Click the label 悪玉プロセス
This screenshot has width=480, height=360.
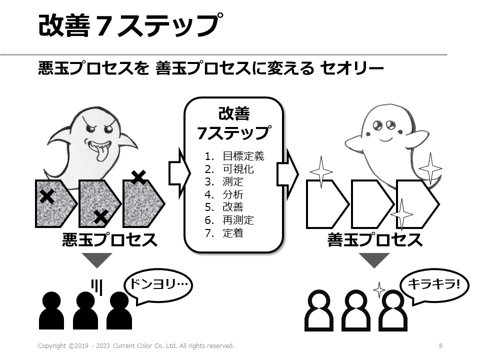coord(109,240)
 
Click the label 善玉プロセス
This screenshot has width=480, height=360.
coord(374,240)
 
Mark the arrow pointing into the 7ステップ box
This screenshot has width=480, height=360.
coord(177,173)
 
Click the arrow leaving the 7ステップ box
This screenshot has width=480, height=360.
coord(287,173)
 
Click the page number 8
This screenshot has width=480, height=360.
coord(440,345)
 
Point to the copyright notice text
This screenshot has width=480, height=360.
coord(136,345)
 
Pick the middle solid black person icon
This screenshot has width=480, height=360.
coord(85,310)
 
